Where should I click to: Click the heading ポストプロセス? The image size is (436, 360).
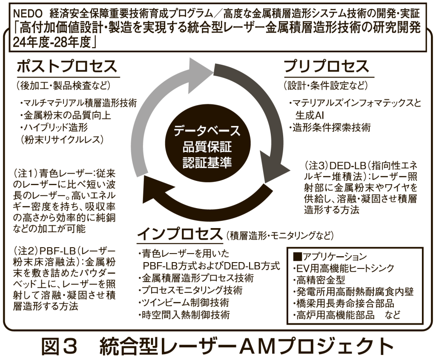click(x=66, y=67)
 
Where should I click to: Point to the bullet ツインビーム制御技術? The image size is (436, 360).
click(x=184, y=303)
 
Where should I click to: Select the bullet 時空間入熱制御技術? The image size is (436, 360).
click(x=184, y=315)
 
